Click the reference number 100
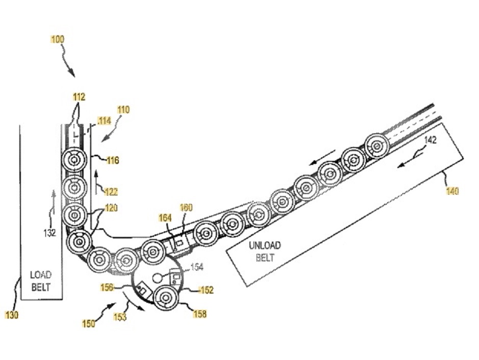(58, 39)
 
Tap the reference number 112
(79, 97)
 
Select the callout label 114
(104, 122)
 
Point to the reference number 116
(112, 160)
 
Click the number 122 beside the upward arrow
(111, 192)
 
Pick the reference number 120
(111, 208)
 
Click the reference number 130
(12, 315)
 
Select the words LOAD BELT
(40, 280)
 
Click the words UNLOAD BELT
(264, 251)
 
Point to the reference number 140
(451, 191)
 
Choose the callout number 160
(186, 207)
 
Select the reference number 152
(206, 290)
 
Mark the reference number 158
(200, 314)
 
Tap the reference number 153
(119, 318)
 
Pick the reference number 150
(89, 323)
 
